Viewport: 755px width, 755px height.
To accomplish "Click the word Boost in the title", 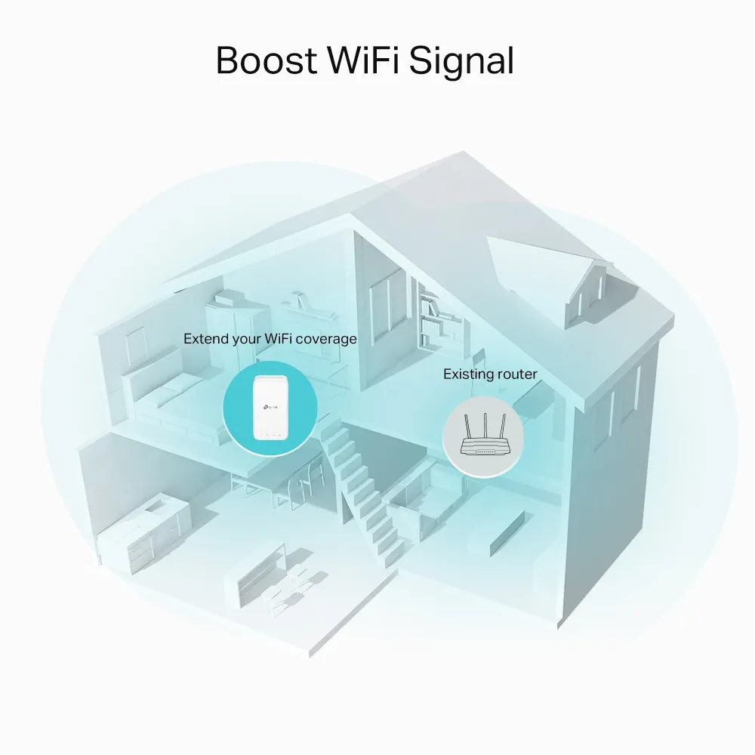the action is pos(266,60).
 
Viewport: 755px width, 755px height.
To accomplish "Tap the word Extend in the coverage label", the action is pos(205,339).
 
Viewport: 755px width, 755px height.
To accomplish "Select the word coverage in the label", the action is pos(326,340).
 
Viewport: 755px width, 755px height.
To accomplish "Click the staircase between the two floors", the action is pos(366,492).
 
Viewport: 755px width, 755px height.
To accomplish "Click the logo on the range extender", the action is pos(270,408).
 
